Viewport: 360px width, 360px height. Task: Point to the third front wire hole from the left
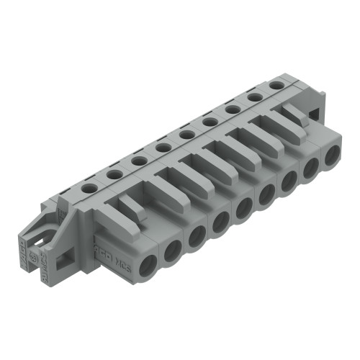tap(197, 236)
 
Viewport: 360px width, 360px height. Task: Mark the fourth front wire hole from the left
tap(220, 222)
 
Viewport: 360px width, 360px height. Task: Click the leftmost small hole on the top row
tap(89, 186)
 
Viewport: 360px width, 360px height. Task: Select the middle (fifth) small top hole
tap(186, 134)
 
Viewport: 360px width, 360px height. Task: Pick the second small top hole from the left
tap(113, 173)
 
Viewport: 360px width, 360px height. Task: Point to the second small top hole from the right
tap(253, 97)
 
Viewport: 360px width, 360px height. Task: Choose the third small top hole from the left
tap(138, 160)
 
